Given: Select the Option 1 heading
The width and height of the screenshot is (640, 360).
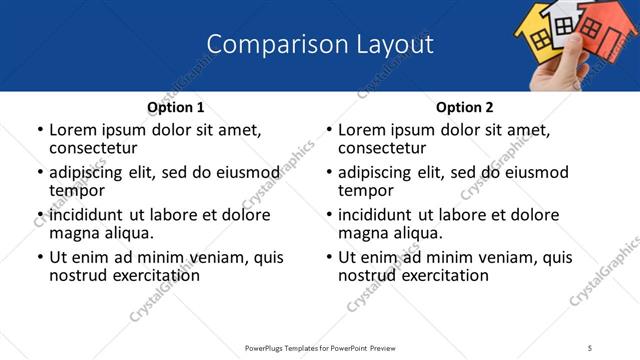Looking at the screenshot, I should (x=176, y=107).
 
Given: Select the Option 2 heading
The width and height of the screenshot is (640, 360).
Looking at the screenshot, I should (x=465, y=107).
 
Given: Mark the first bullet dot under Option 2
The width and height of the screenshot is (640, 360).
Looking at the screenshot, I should (x=328, y=130).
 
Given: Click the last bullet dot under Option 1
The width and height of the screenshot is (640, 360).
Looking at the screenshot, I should (x=39, y=257).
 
